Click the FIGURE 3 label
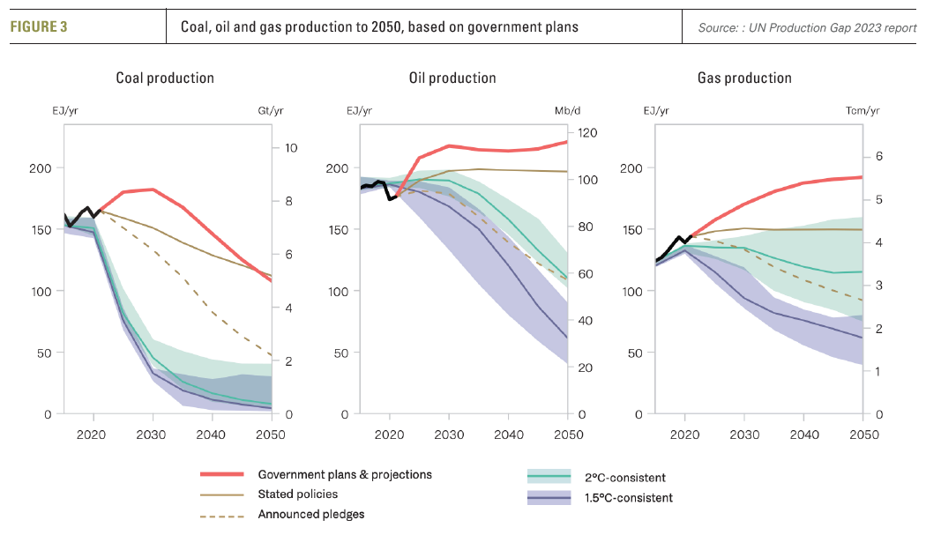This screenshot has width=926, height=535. pos(39,26)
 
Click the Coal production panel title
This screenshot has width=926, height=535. pos(165,78)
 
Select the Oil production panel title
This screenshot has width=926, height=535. pos(452,78)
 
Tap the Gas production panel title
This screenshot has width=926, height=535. pos(744,78)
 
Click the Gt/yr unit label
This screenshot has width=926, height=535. pos(271,111)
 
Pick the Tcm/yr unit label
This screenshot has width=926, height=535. pos(863,111)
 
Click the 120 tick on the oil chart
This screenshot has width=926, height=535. pos(588,133)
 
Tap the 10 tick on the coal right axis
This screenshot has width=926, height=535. pos(290,147)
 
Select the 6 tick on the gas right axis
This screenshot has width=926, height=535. pos(878,157)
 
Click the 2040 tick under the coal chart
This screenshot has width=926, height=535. pos(212,435)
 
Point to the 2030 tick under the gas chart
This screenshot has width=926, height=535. pos(744,435)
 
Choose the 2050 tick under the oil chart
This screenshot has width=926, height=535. pos(568,435)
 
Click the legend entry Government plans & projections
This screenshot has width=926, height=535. pos(345,474)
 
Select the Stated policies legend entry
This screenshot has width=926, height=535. pos(298,494)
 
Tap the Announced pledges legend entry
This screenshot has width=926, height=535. pos(310,515)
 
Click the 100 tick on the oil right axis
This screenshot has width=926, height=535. pos(588,180)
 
